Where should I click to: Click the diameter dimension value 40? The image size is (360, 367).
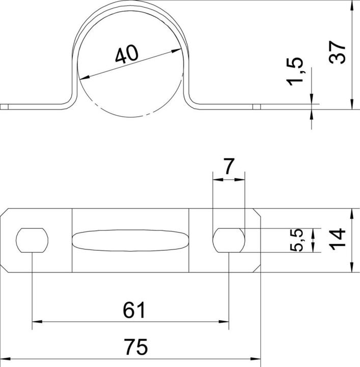point(126,54)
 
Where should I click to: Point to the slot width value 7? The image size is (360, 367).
point(229,167)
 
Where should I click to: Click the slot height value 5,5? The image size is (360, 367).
point(298,240)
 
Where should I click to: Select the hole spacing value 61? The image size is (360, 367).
point(134,309)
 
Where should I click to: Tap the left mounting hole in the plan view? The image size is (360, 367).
point(32,240)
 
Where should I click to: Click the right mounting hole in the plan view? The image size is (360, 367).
point(229,240)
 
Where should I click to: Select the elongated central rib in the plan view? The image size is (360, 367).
point(130,240)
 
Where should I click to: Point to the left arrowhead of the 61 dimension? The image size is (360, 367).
point(37,322)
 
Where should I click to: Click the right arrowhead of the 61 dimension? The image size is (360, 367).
point(224,322)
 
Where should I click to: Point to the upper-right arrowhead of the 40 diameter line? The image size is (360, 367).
point(178,50)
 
